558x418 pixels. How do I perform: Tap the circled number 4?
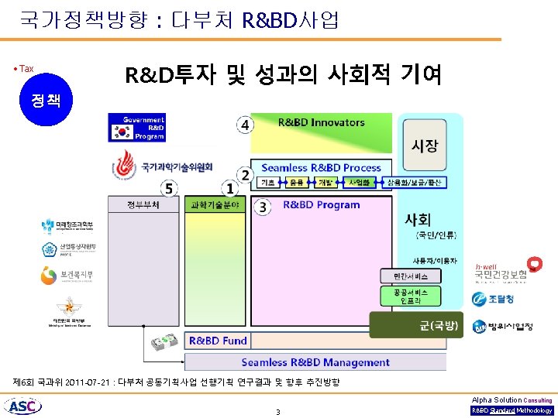pyautogui.click(x=246, y=125)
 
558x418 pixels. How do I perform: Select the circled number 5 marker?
pyautogui.click(x=169, y=188)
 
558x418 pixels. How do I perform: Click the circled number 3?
pyautogui.click(x=263, y=207)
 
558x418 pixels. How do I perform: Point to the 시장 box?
pyautogui.click(x=424, y=146)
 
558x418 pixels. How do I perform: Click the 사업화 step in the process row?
pyautogui.click(x=359, y=183)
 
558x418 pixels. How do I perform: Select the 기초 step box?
pyautogui.click(x=269, y=183)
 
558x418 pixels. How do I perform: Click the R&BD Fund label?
pyautogui.click(x=218, y=341)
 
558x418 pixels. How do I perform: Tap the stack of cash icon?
pyautogui.click(x=166, y=341)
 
